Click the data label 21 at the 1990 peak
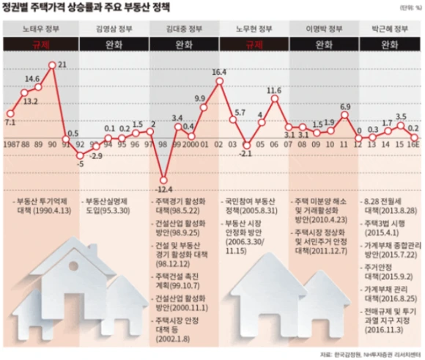point(62,65)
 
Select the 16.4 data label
point(219,72)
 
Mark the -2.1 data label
point(246,153)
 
